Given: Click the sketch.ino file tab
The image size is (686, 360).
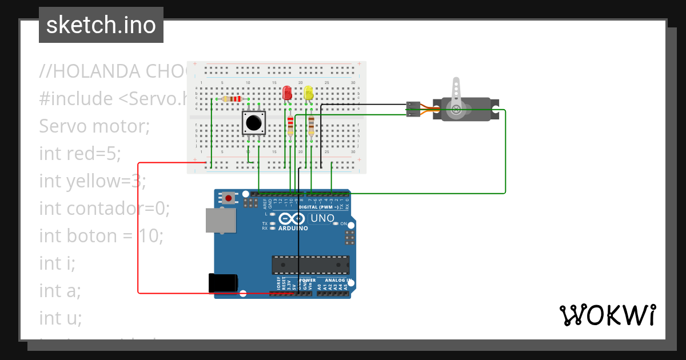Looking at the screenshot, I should point(101,25).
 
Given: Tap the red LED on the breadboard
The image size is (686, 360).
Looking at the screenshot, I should point(287,93).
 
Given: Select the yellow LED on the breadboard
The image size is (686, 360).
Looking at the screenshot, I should point(309,93).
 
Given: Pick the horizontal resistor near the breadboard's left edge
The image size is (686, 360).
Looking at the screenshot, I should point(232,99).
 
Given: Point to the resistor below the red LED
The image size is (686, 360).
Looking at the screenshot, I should point(290,124).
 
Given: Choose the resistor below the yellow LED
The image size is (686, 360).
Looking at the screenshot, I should point(311,124).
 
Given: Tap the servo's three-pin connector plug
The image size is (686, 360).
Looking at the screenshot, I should point(413,109).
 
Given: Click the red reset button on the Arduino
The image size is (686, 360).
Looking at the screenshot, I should point(229,198).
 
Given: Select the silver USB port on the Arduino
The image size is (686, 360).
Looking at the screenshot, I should point(221,220).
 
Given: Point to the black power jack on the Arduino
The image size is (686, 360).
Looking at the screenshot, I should point(223,283).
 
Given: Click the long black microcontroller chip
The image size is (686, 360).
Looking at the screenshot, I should point(310,265).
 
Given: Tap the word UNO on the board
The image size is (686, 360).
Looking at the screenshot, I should point(322,218).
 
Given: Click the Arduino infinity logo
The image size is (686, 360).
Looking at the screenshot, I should point(292,219).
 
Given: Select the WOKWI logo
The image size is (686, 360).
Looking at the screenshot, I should point(607,315).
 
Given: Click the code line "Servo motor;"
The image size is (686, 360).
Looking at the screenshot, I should point(94,126).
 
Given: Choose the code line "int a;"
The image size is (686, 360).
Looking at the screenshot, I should point(60,290).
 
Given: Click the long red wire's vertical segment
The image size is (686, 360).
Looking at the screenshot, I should point(139,229).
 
